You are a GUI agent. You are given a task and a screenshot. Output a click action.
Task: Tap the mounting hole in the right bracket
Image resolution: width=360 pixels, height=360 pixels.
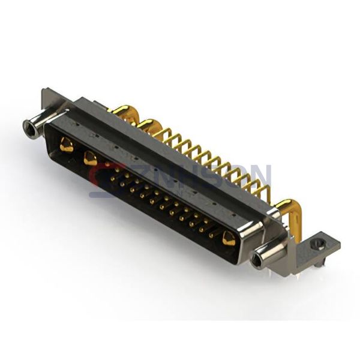coord(319,244)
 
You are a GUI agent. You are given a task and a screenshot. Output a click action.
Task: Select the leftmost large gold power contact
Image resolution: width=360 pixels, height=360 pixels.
coord(67,145)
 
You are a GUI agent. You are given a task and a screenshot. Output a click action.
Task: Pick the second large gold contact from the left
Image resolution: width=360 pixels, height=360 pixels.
coord(91,158)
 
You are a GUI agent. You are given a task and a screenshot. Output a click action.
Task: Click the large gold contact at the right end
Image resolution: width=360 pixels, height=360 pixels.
coord(229,238)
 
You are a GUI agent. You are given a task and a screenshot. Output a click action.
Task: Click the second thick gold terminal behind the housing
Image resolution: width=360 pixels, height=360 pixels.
coord(149,125)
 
